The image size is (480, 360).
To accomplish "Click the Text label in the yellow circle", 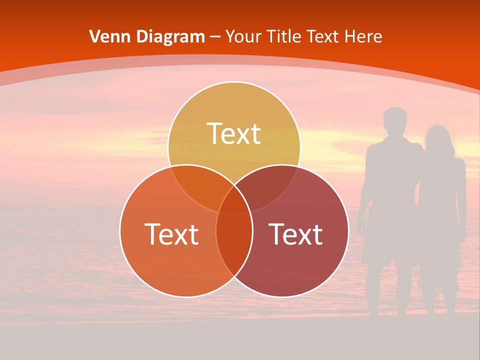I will click(234, 133).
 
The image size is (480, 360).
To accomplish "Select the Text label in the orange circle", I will click(171, 234).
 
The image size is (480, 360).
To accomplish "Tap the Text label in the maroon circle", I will click(295, 234).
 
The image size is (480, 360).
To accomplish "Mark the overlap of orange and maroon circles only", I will click(234, 245).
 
